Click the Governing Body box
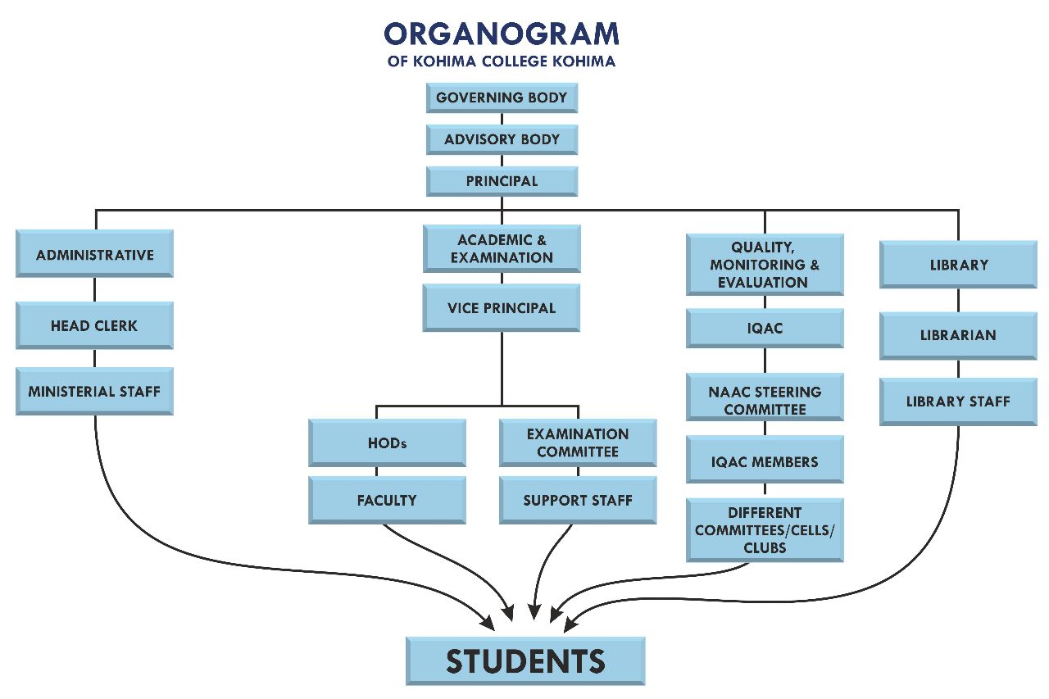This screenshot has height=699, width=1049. pos(502,98)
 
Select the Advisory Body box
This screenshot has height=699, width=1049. pos(502,139)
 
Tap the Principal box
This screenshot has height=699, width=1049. pos(502,181)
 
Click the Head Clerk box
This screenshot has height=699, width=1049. pos(94,325)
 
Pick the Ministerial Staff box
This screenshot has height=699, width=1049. pos(94,391)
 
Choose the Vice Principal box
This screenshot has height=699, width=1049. pos(502,308)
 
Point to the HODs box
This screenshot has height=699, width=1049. pos(387,443)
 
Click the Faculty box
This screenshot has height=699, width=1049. pos(387,500)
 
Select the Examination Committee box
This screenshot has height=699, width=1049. pos(578,443)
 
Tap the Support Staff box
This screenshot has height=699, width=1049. pos(578,500)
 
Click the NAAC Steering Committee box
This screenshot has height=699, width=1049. pos(765,400)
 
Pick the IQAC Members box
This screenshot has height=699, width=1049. pos(765,461)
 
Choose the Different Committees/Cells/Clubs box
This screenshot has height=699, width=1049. pos(765,530)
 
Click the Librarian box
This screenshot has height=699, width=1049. pos(958,335)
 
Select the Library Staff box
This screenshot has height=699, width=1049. pos(958,402)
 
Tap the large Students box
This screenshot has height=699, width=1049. pos(525,660)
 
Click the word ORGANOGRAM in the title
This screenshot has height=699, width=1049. pos(502,34)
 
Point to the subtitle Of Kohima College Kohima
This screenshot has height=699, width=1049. pos(502,61)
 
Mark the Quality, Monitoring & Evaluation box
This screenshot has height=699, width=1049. pos(765,265)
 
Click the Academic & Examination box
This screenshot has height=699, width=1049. pos(502,248)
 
